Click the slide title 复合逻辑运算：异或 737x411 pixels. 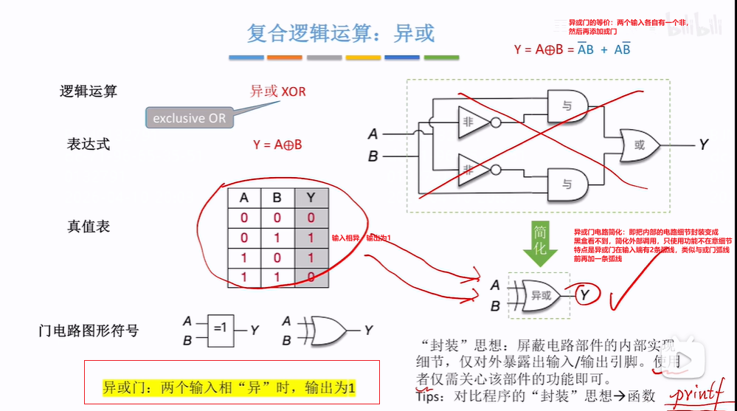point(341,33)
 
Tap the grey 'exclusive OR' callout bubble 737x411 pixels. point(189,118)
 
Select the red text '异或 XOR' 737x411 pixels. point(277,91)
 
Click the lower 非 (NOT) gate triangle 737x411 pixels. point(471,167)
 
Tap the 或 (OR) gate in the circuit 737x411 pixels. point(639,145)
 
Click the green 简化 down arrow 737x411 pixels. point(540,244)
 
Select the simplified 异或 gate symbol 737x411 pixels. point(544,294)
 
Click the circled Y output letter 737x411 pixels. point(584,296)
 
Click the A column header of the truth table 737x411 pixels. point(243,198)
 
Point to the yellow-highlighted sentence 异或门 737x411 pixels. point(229,387)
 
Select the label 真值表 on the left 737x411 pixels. point(89,227)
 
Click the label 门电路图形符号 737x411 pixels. point(89,330)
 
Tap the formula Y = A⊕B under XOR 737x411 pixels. point(277,145)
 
